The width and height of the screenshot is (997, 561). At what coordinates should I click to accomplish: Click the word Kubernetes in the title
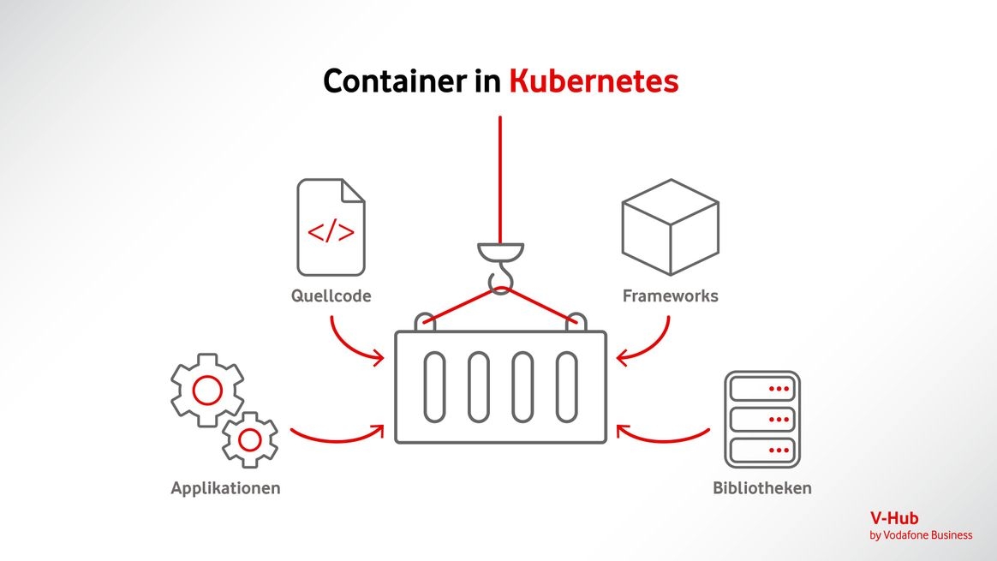click(x=593, y=81)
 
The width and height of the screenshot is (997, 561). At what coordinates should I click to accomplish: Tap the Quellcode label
click(x=331, y=296)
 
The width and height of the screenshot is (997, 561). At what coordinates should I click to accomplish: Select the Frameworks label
click(x=670, y=296)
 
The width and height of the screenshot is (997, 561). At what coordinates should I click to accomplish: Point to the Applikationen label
click(x=225, y=489)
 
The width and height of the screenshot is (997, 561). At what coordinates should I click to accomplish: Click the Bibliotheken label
click(x=761, y=489)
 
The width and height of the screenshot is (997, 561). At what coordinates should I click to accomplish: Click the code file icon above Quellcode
click(x=331, y=228)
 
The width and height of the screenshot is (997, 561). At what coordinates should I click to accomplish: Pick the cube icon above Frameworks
click(x=670, y=226)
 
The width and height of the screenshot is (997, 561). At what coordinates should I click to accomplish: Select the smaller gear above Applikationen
click(x=249, y=439)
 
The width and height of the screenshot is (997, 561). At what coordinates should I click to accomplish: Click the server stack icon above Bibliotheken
click(x=761, y=419)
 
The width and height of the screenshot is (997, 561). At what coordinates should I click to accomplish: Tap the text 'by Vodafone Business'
click(x=921, y=535)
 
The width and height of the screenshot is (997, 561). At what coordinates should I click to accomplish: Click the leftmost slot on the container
click(x=434, y=386)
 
